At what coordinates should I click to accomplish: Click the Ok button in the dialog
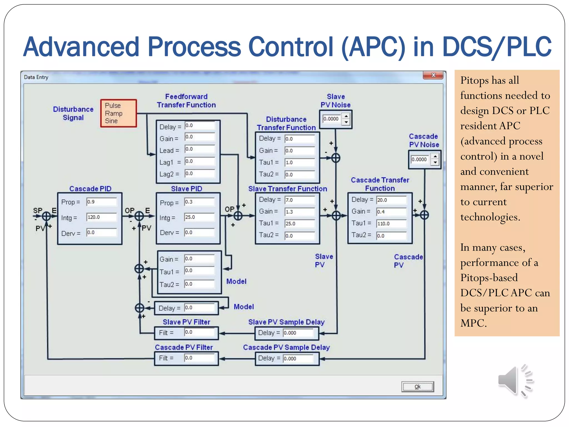417,387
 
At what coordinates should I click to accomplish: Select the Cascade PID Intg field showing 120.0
101,217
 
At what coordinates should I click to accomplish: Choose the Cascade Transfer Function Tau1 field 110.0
391,224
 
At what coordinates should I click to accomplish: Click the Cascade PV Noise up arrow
435,157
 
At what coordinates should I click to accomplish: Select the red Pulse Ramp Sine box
119,113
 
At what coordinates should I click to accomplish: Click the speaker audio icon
515,381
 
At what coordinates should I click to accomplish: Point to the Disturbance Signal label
73,113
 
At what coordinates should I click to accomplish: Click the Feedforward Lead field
200,149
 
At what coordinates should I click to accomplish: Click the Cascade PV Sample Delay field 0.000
298,359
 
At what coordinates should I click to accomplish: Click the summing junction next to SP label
46,216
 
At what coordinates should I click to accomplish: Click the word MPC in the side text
473,323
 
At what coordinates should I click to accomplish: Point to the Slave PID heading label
186,189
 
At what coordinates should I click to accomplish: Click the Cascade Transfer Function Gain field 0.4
391,212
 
